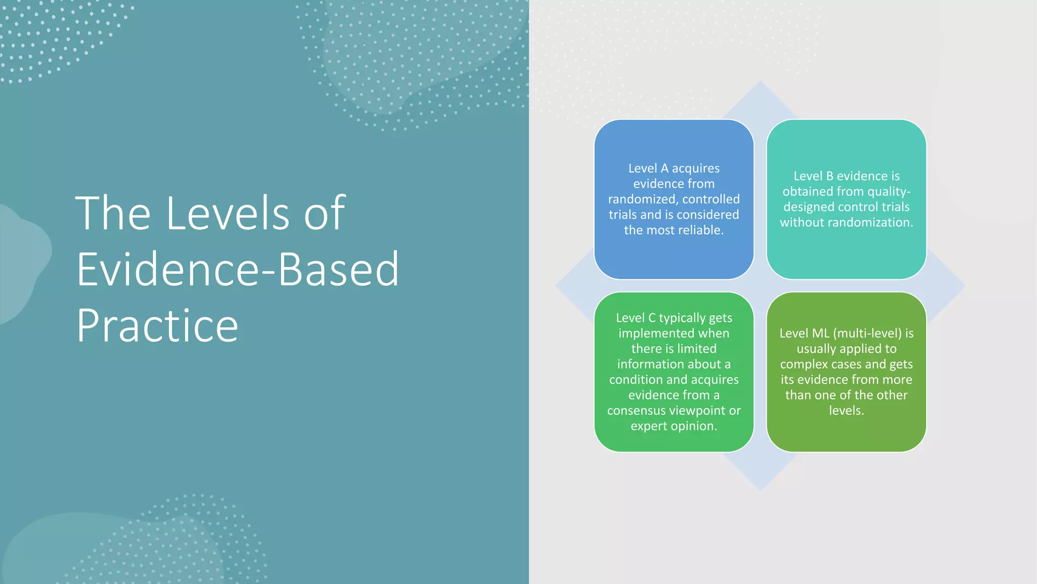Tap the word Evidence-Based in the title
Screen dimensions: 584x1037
coord(237,269)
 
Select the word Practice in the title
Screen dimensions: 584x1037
coord(157,326)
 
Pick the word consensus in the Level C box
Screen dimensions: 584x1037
coord(635,411)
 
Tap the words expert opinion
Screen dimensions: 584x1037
coord(673,426)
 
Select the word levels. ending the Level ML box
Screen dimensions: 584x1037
coord(846,410)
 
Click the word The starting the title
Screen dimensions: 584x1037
coord(112,213)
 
